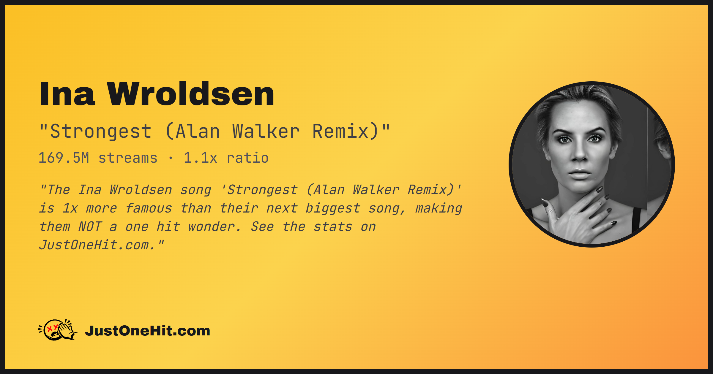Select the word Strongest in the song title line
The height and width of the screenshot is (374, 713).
101,131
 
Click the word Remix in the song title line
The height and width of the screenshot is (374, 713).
340,131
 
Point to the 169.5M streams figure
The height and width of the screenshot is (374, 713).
98,158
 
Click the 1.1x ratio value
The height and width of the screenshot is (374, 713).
226,158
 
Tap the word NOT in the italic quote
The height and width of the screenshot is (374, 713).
90,227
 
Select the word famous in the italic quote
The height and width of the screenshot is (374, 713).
149,208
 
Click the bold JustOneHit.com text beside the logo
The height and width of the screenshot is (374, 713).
147,331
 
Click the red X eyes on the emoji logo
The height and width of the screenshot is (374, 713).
53,328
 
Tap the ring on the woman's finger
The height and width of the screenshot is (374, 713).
600,203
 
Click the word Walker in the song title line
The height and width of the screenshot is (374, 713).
266,131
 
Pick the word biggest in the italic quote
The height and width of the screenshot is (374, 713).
333,208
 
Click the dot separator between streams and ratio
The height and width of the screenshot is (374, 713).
171,158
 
